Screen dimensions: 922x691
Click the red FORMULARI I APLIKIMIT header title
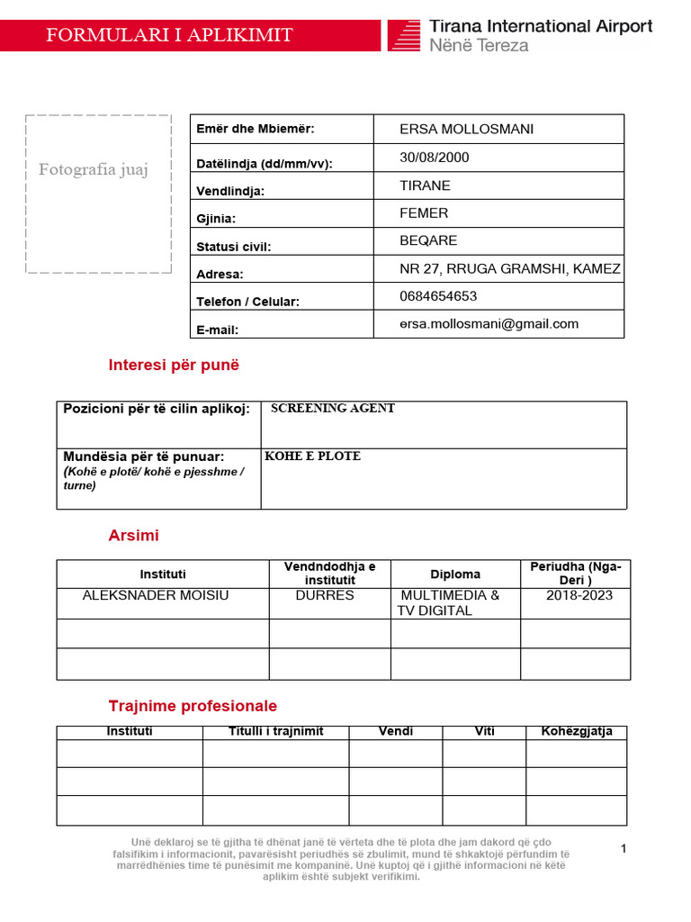pos(169,35)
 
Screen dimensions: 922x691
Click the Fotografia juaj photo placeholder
pos(98,194)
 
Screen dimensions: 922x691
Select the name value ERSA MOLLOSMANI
pos(466,129)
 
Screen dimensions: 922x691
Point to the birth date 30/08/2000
pos(435,158)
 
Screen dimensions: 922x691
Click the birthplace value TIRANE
pos(425,185)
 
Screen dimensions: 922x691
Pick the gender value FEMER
pos(424,213)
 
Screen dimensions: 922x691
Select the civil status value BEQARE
pos(428,240)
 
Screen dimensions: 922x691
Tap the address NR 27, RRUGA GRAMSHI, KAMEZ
pos(510,268)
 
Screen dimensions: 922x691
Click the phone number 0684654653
pos(438,296)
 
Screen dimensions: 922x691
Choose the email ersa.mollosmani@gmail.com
pos(489,324)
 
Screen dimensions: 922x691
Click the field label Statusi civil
pos(233,247)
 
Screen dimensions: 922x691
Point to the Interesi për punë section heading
pos(174,366)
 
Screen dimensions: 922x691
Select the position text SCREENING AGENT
pos(333,409)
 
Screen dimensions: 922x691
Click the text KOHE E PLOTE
pos(312,456)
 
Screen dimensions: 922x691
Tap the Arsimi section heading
pos(133,536)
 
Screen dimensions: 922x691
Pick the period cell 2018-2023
pos(576,595)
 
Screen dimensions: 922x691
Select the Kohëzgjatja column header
pos(576,731)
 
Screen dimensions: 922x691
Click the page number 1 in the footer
pos(624,848)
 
